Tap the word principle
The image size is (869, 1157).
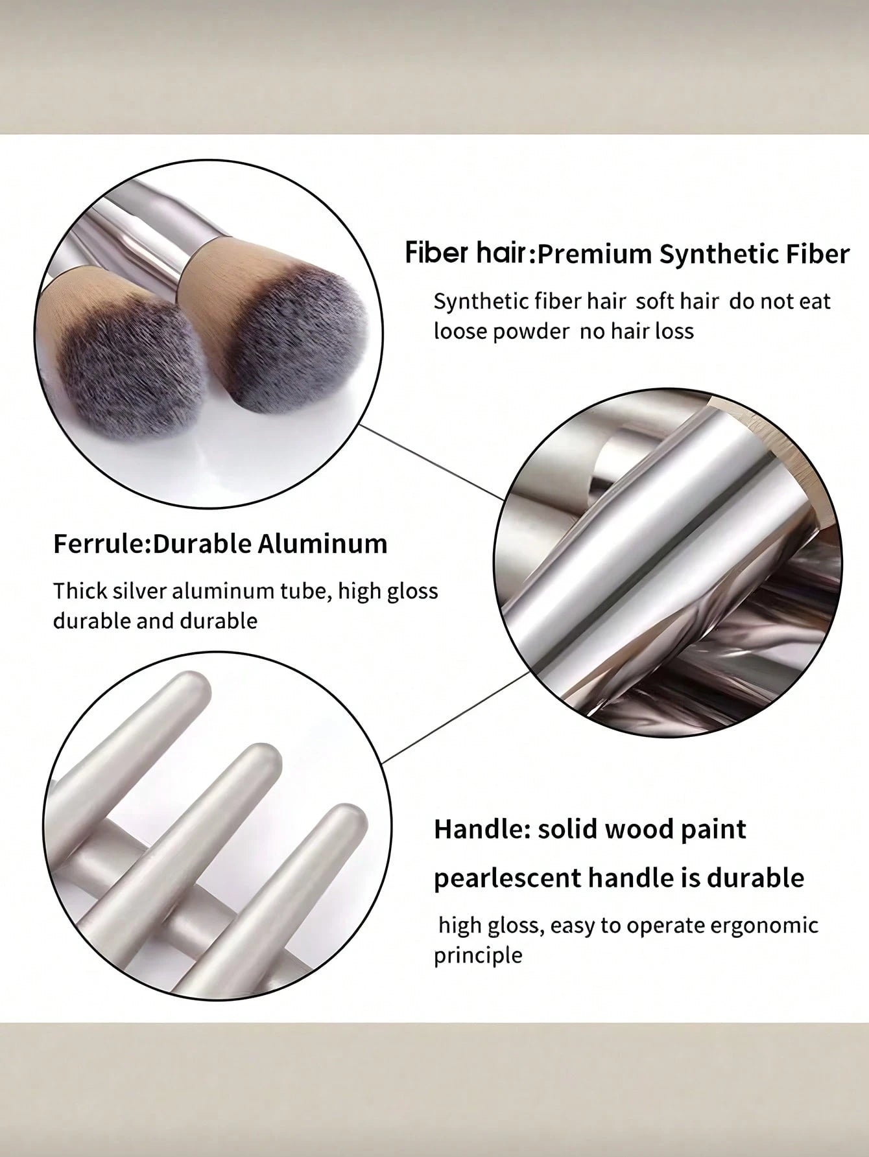coord(478,956)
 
